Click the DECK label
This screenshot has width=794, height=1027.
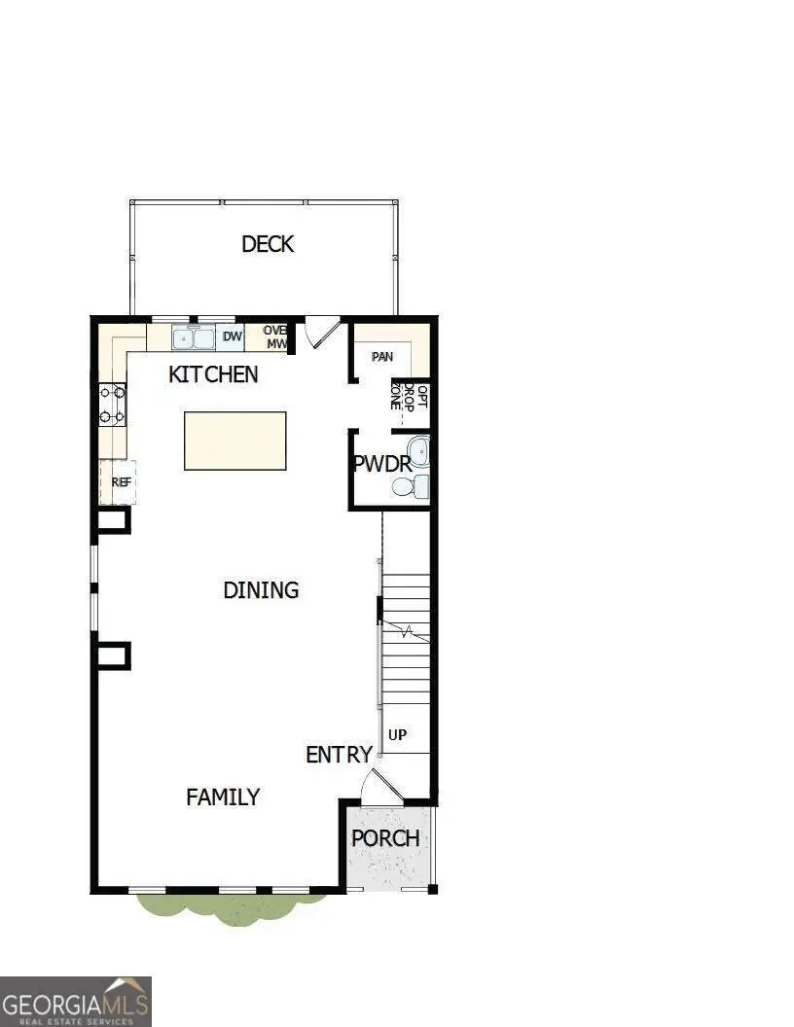[268, 244]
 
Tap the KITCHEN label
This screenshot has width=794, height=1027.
[213, 374]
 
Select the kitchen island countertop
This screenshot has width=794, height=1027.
[235, 441]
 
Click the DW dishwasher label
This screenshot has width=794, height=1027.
[232, 337]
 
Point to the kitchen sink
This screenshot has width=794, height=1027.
[194, 338]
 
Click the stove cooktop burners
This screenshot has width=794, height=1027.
[112, 405]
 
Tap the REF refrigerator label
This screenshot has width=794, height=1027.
[121, 481]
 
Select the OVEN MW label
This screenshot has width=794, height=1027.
[275, 337]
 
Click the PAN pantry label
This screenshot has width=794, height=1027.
[382, 357]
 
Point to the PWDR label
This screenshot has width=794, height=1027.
[382, 464]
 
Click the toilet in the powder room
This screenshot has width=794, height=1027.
[419, 486]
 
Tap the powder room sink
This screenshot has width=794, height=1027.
[419, 451]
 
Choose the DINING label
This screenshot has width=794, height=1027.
[261, 590]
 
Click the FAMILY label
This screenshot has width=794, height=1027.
[223, 797]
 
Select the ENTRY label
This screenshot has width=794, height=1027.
[339, 755]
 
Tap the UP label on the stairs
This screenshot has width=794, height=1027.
[397, 735]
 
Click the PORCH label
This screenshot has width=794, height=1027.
[385, 838]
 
